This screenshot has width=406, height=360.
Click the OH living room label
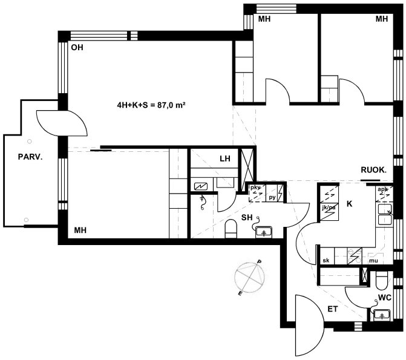tap(77, 47)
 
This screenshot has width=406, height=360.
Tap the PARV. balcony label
tap(30, 157)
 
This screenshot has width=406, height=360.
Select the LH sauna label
tap(225, 159)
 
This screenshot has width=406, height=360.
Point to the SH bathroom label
tap(247, 218)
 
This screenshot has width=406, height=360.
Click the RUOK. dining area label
tap(374, 170)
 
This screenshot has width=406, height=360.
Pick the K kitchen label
tap(350, 204)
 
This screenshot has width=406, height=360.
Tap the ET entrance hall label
tap(333, 309)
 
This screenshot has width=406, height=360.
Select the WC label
tap(385, 298)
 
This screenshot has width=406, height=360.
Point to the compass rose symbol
tap(250, 278)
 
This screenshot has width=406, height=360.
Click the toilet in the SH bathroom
tap(231, 229)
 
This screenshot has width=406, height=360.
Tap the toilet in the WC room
tap(381, 281)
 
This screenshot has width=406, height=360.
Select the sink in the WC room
tap(382, 315)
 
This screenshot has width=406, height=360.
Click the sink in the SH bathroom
tap(264, 232)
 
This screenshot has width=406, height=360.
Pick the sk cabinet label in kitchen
tap(326, 261)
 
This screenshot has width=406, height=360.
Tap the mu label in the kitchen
tap(373, 261)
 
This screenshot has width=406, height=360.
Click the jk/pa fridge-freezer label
tap(329, 208)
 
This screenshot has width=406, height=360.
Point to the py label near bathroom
tap(272, 198)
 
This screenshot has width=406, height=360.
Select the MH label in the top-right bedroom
tap(382, 19)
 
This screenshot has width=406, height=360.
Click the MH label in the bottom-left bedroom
tap(80, 231)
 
